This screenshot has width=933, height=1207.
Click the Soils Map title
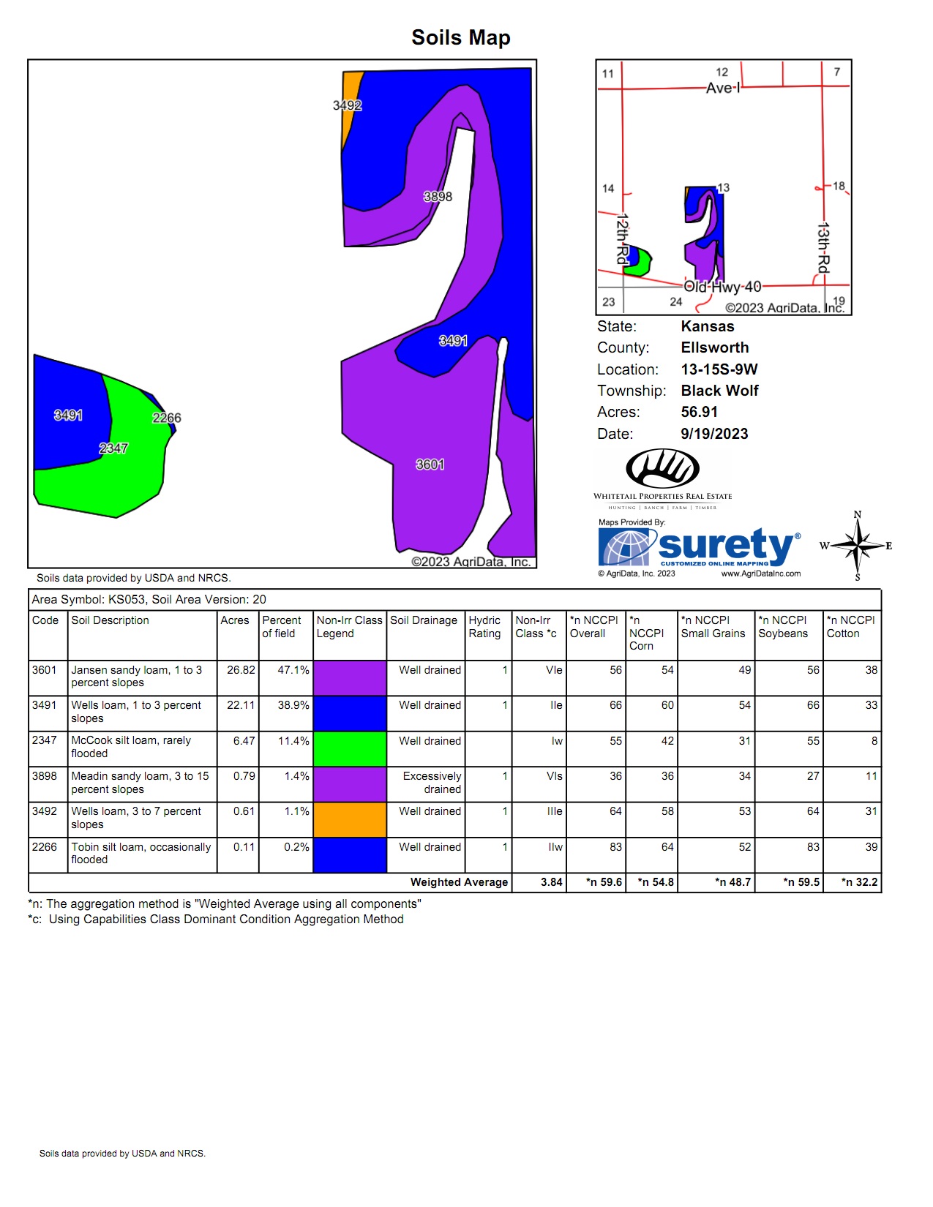tap(461, 38)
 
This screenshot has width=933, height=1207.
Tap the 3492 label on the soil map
tap(348, 105)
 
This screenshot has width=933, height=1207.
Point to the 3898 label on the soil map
tap(438, 197)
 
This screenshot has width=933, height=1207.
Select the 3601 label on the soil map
tap(430, 465)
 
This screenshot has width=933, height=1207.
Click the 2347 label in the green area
tap(113, 448)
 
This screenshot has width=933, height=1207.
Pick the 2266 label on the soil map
tap(167, 418)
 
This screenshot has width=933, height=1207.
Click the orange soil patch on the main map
tap(350, 105)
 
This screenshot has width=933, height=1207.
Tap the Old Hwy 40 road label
tap(722, 287)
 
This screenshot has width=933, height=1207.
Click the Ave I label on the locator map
tap(723, 89)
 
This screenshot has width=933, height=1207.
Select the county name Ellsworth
tap(715, 347)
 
